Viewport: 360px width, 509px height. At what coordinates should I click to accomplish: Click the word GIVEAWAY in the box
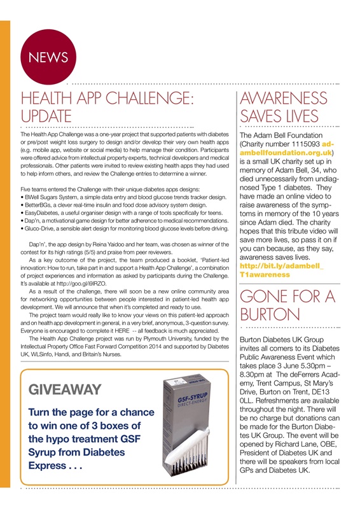(x=66, y=389)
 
